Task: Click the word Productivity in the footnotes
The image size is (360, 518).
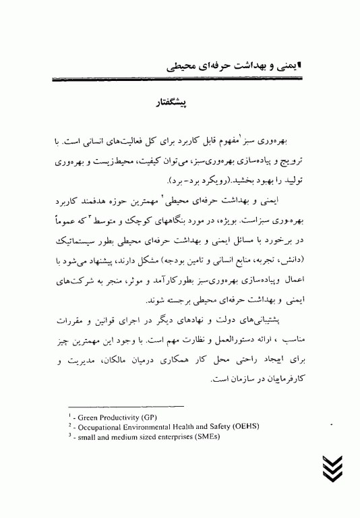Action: [x=122, y=418]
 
